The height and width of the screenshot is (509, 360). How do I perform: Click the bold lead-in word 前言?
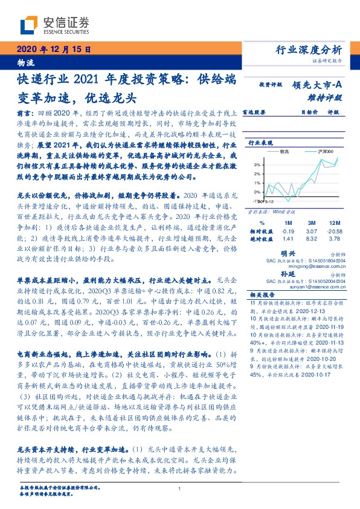24,112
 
